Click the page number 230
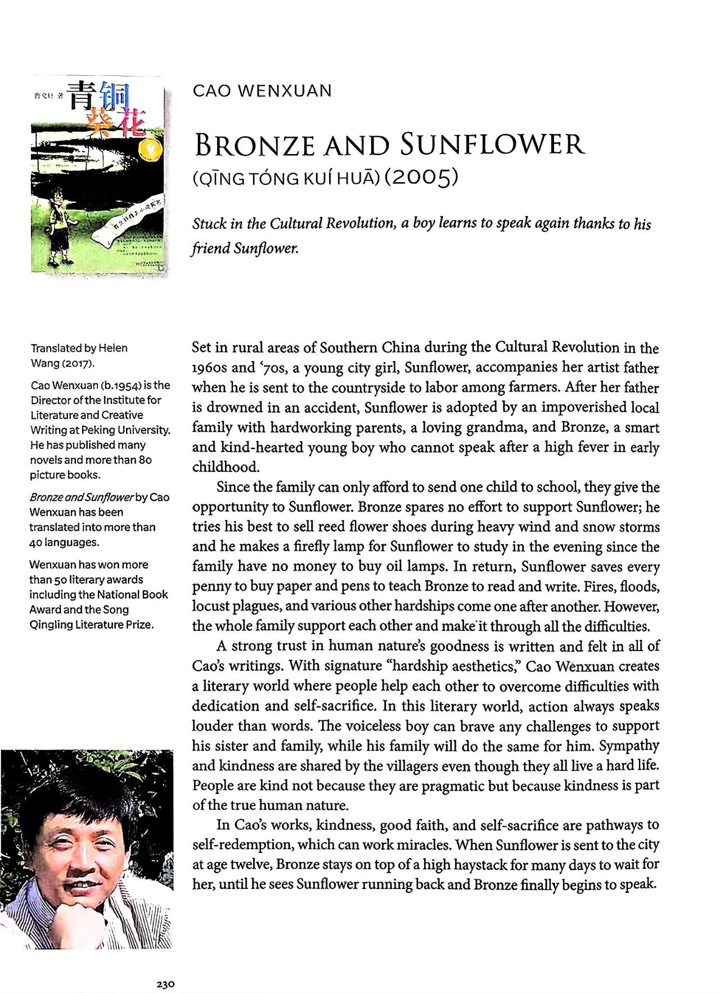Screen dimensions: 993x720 pyautogui.click(x=165, y=984)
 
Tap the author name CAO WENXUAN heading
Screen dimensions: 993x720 pyautogui.click(x=262, y=91)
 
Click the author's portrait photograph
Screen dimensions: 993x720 pyautogui.click(x=87, y=849)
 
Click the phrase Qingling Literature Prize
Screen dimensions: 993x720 pyautogui.click(x=91, y=625)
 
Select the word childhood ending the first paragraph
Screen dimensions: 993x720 pyautogui.click(x=225, y=467)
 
